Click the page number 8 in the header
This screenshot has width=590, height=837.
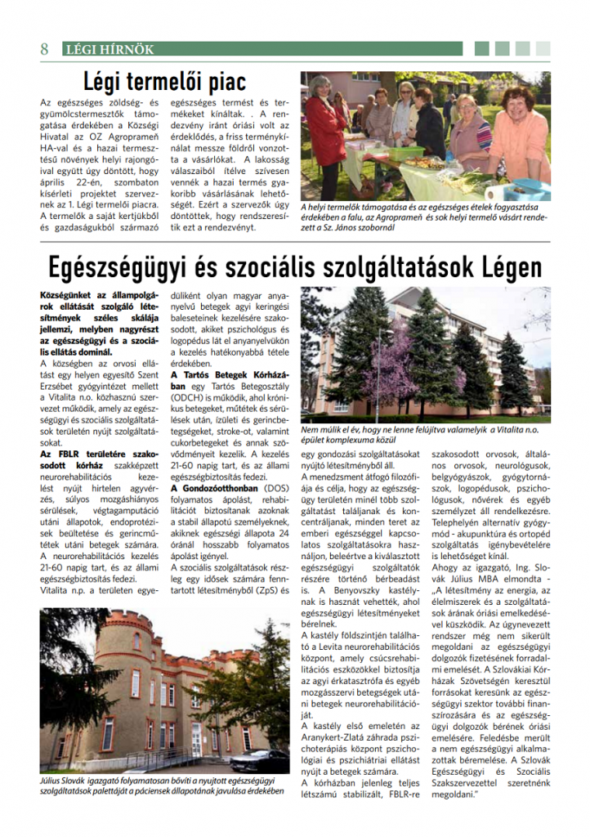click(x=44, y=49)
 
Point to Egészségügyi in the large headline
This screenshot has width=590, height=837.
click(x=120, y=267)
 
